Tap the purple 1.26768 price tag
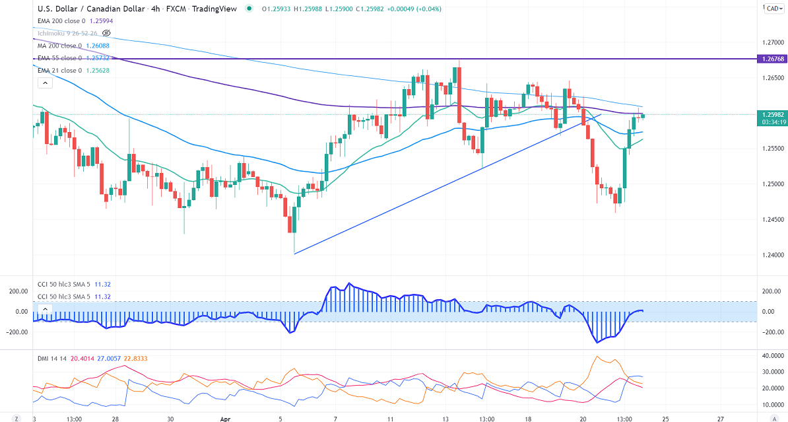point(773,59)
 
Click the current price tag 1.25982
point(773,114)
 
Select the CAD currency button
point(773,9)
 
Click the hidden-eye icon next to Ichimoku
point(107,33)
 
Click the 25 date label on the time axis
point(666,418)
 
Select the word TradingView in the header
point(214,9)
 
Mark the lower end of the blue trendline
point(294,253)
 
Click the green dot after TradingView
point(248,9)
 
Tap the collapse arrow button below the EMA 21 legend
point(44,83)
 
